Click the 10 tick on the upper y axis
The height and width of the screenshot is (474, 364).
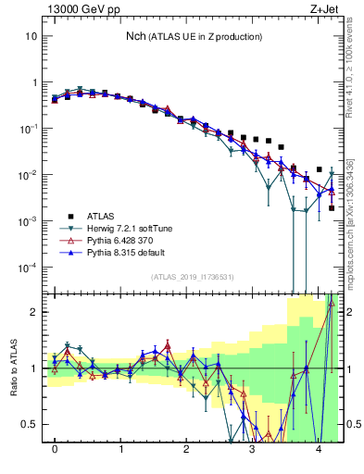[31, 36]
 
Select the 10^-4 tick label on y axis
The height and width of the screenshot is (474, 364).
[28, 267]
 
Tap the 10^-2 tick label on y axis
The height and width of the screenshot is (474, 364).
[28, 174]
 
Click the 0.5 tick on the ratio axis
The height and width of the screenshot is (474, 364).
[30, 424]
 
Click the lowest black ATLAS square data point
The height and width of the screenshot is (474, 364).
[332, 208]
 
